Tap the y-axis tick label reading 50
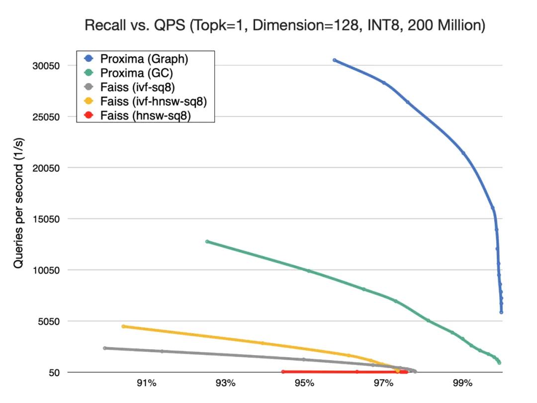pyautogui.click(x=54, y=373)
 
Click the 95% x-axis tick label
pyautogui.click(x=304, y=384)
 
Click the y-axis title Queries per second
pyautogui.click(x=19, y=209)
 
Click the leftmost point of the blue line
pyautogui.click(x=335, y=60)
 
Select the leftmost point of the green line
pyautogui.click(x=207, y=242)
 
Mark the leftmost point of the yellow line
pyautogui.click(x=123, y=326)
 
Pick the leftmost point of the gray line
pyautogui.click(x=105, y=348)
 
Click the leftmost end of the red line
pyautogui.click(x=283, y=372)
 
